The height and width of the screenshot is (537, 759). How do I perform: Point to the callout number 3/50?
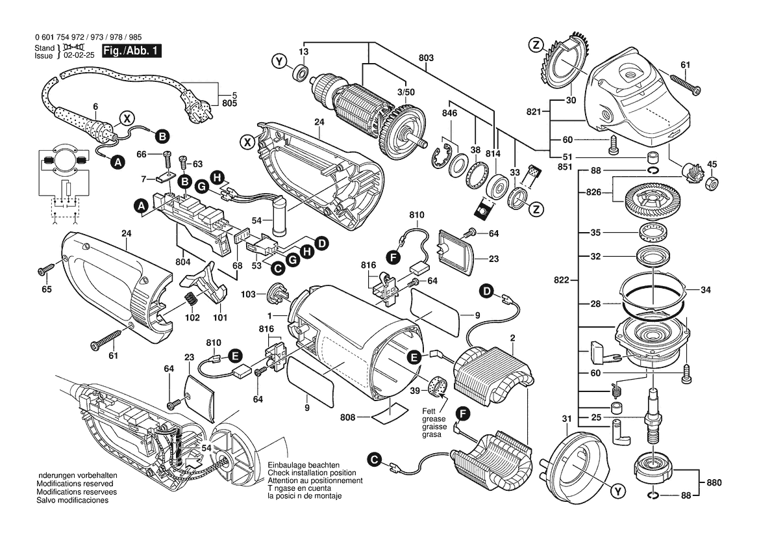(x=406, y=94)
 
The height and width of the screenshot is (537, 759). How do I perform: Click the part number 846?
(x=449, y=113)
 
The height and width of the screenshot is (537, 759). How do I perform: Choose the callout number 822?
(x=562, y=280)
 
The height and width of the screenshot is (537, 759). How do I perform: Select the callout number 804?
(x=183, y=263)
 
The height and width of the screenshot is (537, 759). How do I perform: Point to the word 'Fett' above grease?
(x=429, y=411)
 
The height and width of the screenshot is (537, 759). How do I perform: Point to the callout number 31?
(x=566, y=418)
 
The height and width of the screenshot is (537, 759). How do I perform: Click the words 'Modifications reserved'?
(x=77, y=484)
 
